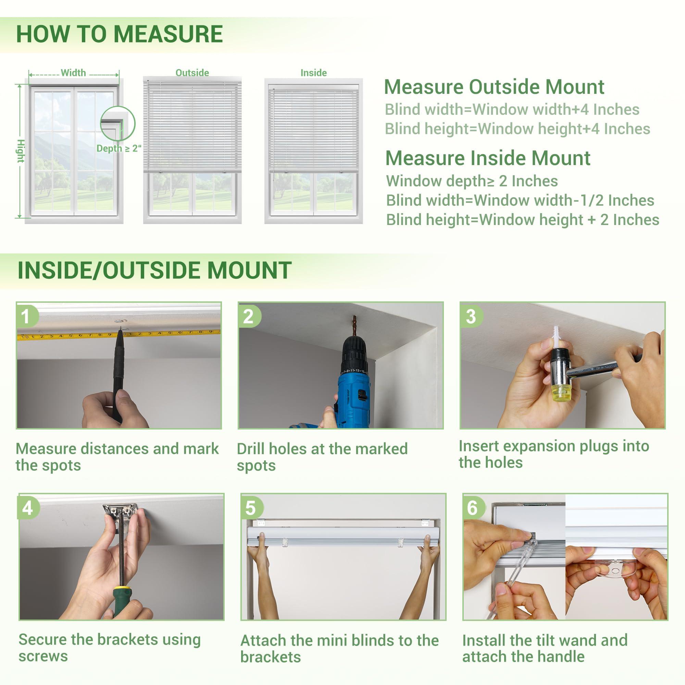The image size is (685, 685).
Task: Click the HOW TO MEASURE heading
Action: coord(120,34)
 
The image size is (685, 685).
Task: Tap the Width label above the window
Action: coord(73,73)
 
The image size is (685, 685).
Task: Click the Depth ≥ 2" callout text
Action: coord(119,149)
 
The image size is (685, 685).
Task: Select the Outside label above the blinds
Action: coord(192,73)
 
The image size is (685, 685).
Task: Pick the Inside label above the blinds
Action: coord(313,73)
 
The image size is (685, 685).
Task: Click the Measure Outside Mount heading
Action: coord(494,87)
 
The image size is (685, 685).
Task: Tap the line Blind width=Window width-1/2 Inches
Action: coord(520,200)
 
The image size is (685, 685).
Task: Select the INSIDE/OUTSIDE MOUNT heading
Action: coord(154,270)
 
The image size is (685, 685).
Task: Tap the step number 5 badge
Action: coord(250,508)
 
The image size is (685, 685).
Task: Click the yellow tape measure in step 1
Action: coord(71,335)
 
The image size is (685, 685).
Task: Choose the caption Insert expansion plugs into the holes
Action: coord(553,454)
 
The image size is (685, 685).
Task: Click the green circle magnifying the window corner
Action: coord(118,123)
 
